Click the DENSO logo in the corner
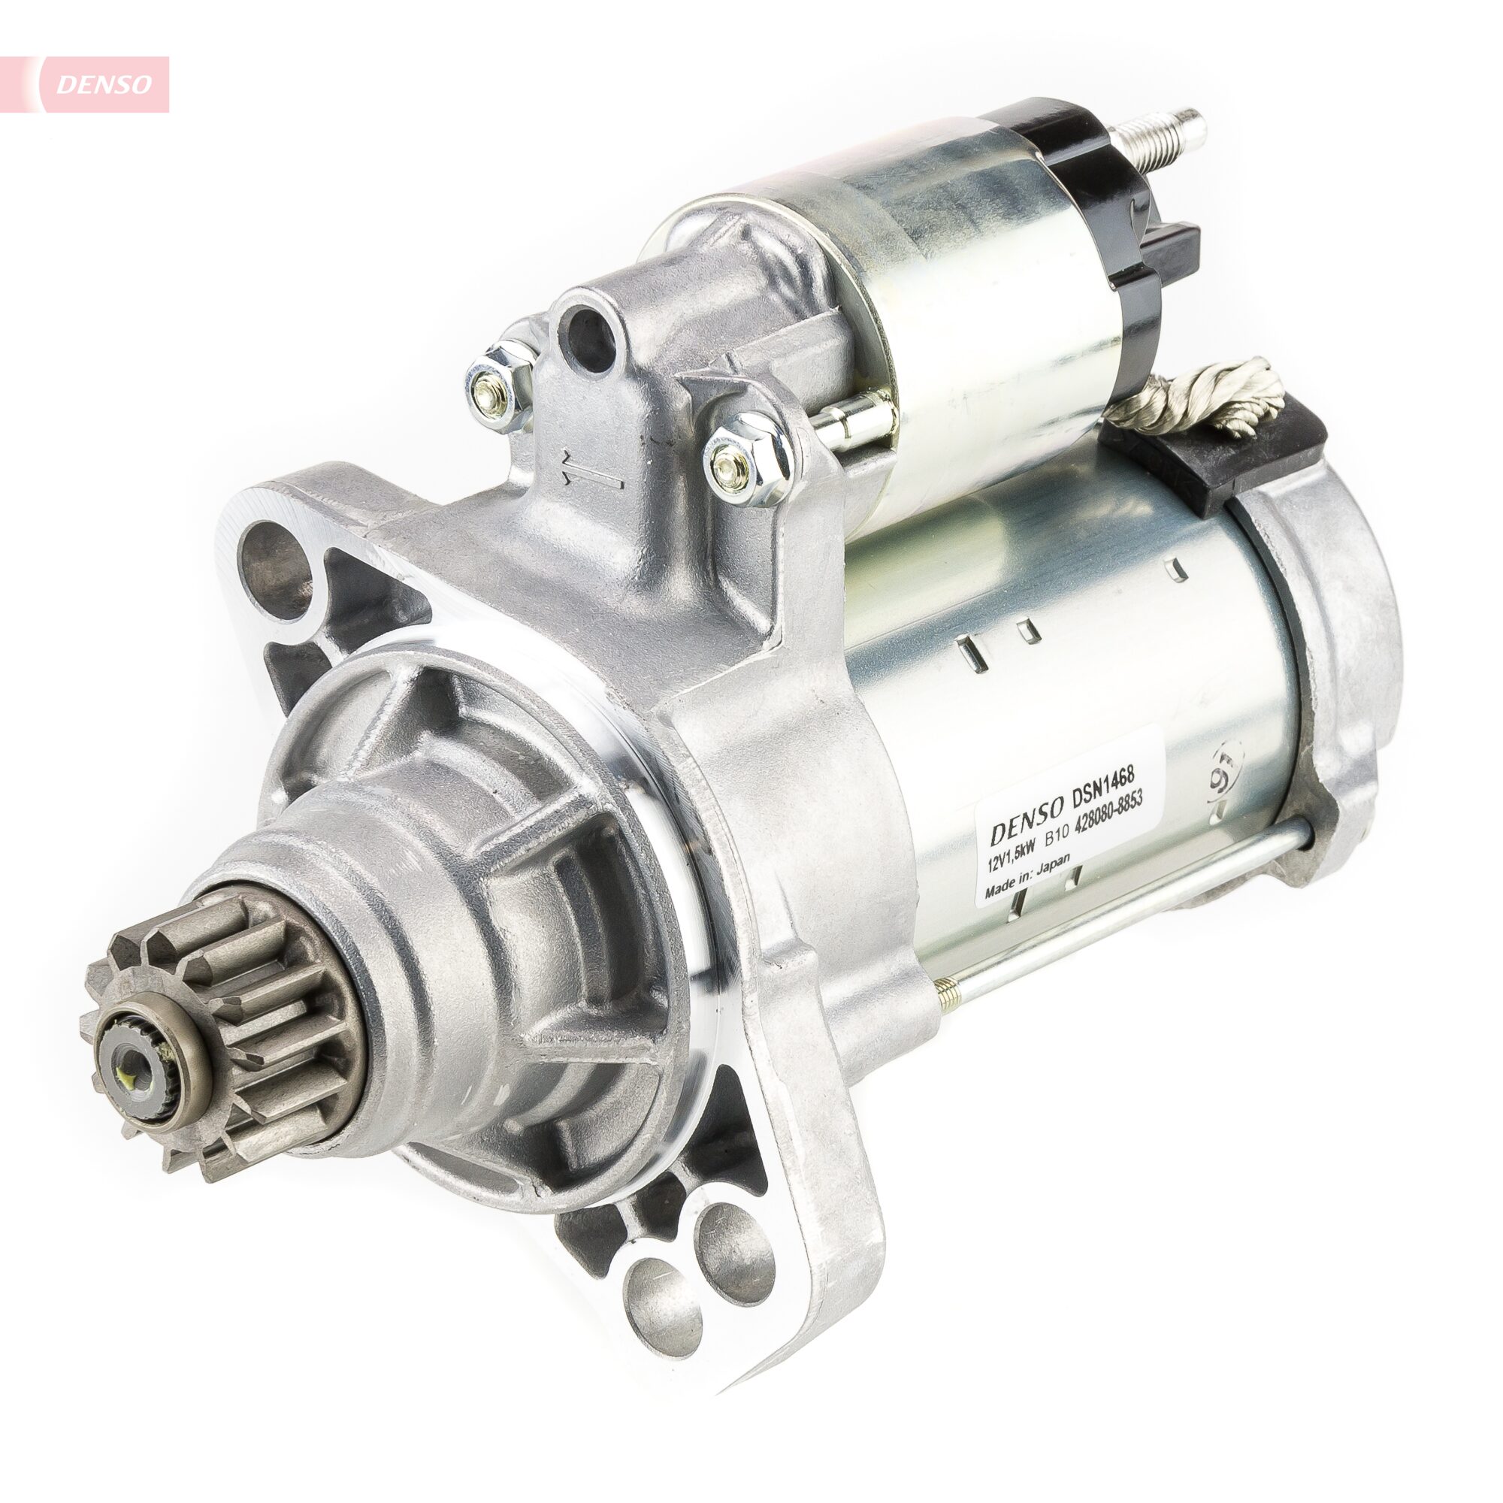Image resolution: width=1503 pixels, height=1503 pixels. pyautogui.click(x=103, y=85)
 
